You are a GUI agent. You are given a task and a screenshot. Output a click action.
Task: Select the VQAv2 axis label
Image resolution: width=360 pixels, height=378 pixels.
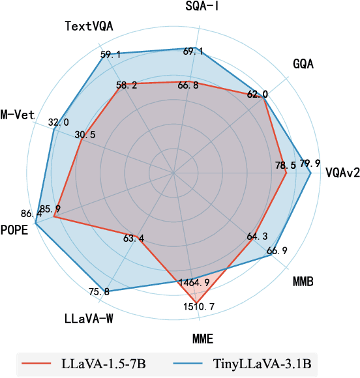coord(343,173)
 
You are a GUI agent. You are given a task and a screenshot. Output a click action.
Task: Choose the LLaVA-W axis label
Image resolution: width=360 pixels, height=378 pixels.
coord(91,319)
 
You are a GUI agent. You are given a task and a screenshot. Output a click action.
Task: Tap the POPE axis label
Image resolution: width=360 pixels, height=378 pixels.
coord(14,229)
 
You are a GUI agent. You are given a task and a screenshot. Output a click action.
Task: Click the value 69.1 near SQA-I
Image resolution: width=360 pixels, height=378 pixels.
coord(193,51)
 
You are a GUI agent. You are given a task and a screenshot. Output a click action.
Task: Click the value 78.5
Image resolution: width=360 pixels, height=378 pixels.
coord(285,166)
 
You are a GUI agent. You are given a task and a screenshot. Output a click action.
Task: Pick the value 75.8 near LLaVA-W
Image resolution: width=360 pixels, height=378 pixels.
coord(98,291)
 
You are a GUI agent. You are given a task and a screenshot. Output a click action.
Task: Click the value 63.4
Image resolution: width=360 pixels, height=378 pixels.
coord(134,238)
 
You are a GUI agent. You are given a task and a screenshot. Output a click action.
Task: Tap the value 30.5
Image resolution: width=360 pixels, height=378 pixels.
coord(85,135)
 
